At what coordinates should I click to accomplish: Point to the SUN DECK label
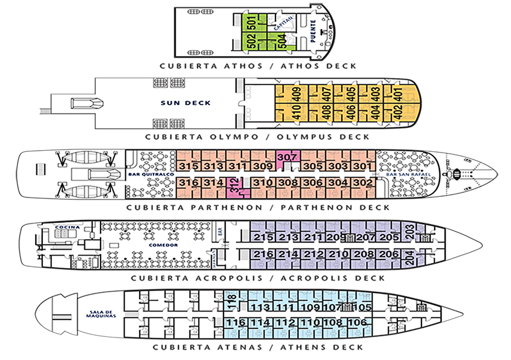click(x=193, y=103)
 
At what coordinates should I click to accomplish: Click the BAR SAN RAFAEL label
click(x=402, y=175)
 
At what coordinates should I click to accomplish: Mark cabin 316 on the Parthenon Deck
click(x=188, y=183)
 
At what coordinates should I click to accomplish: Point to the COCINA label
click(x=63, y=227)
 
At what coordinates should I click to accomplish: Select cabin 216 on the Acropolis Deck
click(x=263, y=254)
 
